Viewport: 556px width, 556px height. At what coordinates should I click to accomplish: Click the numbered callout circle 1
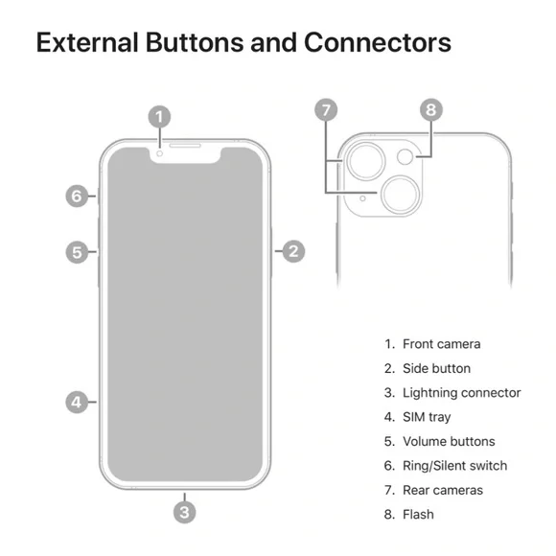click(159, 116)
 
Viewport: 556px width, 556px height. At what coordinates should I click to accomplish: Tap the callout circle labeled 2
click(293, 251)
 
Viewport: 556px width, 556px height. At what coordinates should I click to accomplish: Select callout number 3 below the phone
click(184, 512)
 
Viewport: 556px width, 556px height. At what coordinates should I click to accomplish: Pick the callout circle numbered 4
click(77, 402)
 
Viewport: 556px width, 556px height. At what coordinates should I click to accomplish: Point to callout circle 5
click(77, 252)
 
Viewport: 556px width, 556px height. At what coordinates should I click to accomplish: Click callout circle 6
click(77, 196)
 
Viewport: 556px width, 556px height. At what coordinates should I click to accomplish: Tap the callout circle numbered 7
click(326, 109)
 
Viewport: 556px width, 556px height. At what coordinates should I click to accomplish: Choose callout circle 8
click(431, 109)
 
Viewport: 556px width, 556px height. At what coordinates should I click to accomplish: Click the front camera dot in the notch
click(160, 153)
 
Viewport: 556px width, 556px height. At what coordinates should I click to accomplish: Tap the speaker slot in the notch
click(185, 146)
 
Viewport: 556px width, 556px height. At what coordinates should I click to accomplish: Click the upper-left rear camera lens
click(365, 161)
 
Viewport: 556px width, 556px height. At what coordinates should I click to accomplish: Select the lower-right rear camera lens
click(401, 195)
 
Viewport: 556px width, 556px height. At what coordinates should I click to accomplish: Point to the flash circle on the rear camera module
click(405, 156)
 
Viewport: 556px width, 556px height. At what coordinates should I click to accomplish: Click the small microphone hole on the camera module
click(362, 198)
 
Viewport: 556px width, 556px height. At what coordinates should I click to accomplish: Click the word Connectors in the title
click(378, 42)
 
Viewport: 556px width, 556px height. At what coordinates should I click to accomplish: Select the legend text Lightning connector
click(462, 392)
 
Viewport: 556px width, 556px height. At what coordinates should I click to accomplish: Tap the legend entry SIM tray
click(427, 417)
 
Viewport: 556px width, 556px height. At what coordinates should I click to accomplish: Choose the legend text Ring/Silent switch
click(455, 466)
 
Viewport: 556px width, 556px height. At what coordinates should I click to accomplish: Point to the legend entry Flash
click(418, 514)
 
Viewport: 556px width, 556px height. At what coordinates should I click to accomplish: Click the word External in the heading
click(87, 42)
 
